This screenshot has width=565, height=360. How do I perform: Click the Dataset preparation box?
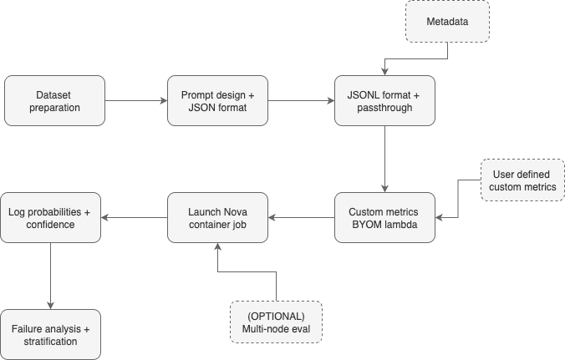click(x=55, y=100)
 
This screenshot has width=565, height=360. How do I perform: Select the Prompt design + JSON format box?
click(x=217, y=100)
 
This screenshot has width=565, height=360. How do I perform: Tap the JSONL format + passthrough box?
click(x=384, y=100)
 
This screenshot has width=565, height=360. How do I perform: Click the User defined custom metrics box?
click(x=522, y=180)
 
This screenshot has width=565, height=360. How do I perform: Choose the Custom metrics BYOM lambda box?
click(x=384, y=219)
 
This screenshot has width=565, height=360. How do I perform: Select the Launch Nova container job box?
click(x=217, y=219)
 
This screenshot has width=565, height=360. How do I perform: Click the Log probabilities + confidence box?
click(x=52, y=219)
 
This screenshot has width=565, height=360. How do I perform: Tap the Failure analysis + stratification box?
click(x=52, y=334)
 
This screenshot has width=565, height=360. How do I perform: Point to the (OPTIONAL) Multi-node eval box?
click(x=277, y=322)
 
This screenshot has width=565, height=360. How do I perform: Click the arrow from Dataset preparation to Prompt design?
click(x=136, y=100)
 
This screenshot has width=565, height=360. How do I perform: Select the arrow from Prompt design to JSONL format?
click(x=300, y=100)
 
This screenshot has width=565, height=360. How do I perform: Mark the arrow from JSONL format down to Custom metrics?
click(x=384, y=159)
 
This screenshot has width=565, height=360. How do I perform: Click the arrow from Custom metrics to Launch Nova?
click(x=300, y=219)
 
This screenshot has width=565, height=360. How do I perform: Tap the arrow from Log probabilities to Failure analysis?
click(x=52, y=276)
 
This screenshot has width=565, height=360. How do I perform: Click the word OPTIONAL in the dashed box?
click(x=277, y=316)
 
